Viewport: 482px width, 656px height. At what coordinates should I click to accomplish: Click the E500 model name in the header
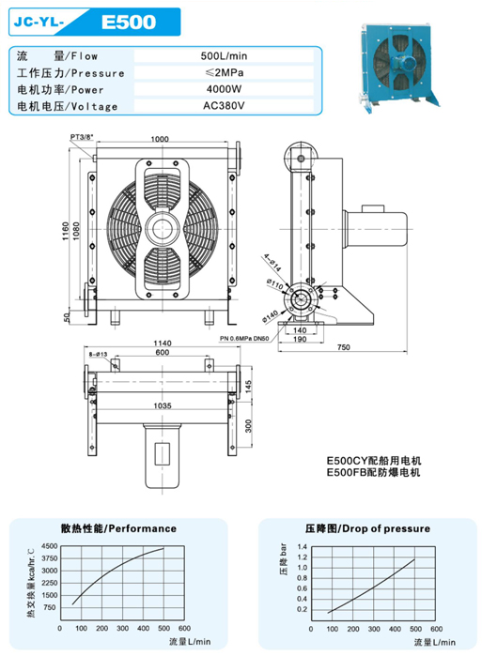(x=128, y=23)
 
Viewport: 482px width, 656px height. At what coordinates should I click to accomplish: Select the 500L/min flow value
(x=224, y=56)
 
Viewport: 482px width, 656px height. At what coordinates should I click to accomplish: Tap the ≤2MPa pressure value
(x=225, y=73)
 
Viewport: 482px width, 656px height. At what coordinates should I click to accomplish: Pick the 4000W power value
(x=224, y=89)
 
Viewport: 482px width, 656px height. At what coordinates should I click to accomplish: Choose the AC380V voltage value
(x=224, y=106)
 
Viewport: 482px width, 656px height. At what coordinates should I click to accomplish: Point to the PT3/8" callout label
(x=82, y=137)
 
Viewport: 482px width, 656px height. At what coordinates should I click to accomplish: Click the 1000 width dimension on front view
(x=160, y=139)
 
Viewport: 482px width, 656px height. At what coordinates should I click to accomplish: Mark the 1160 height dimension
(x=66, y=231)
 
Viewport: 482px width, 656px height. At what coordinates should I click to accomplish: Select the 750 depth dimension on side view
(x=343, y=347)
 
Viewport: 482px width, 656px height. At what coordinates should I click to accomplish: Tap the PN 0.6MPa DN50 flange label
(x=244, y=338)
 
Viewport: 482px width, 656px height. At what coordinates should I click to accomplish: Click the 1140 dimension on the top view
(x=162, y=343)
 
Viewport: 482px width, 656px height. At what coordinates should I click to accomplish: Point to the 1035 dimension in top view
(x=162, y=405)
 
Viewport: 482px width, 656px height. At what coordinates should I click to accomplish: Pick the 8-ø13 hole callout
(x=98, y=355)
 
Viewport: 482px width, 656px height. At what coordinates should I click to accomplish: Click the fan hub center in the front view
(x=162, y=229)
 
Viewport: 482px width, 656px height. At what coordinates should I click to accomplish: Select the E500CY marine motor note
(x=374, y=461)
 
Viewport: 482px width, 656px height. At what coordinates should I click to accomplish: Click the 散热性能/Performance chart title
(x=118, y=528)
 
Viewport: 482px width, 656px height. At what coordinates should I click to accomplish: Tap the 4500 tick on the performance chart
(x=50, y=546)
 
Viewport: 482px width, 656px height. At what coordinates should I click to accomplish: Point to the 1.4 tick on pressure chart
(x=303, y=547)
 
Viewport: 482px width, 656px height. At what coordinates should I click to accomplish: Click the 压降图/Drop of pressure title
(x=367, y=528)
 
